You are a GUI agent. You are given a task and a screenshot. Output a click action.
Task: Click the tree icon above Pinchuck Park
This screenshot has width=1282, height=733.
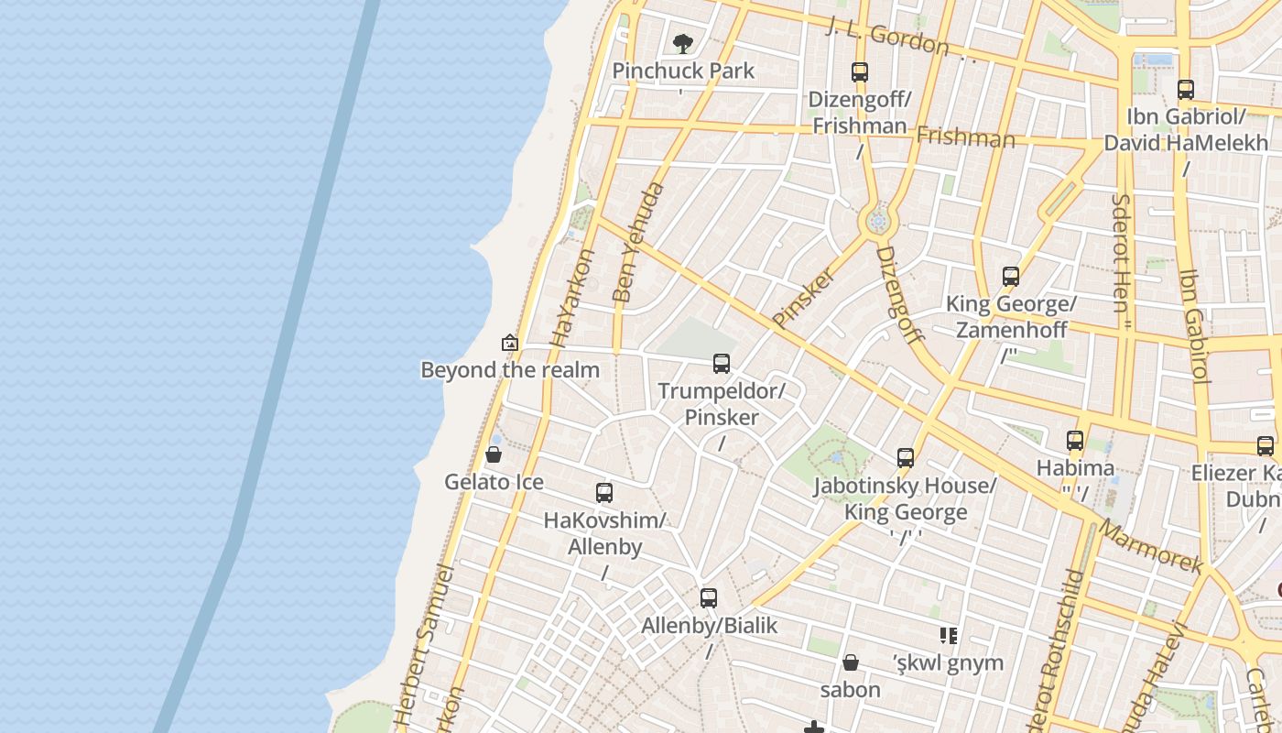[x=682, y=43]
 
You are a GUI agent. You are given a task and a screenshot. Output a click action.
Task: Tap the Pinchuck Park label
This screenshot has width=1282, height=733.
[x=683, y=71]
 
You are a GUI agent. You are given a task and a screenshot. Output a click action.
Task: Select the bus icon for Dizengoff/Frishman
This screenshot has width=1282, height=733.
[x=859, y=71]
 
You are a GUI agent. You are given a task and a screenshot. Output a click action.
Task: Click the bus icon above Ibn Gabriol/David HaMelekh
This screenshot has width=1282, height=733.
[x=1186, y=90]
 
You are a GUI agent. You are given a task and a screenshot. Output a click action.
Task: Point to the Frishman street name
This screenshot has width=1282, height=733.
[x=965, y=137]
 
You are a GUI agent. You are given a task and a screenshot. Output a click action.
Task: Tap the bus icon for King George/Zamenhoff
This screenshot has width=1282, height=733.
[x=1011, y=277]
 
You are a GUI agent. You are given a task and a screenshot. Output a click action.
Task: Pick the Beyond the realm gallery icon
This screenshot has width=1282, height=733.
[x=510, y=344]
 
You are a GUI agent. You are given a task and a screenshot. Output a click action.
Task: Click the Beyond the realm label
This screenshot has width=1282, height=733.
[x=510, y=370]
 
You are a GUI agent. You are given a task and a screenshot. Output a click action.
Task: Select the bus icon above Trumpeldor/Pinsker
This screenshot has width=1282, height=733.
[x=722, y=364]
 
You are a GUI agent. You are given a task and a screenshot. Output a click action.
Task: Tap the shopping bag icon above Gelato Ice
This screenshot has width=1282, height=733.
[x=494, y=454]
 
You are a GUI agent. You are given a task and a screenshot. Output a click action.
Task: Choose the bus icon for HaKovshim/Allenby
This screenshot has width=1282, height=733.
[x=604, y=493]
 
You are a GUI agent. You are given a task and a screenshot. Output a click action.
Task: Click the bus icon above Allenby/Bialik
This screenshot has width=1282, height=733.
[x=709, y=598]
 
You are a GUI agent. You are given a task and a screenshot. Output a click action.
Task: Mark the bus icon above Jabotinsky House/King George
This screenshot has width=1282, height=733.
[x=906, y=458]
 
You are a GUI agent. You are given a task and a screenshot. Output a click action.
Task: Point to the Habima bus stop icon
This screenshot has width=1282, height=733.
[x=1075, y=441]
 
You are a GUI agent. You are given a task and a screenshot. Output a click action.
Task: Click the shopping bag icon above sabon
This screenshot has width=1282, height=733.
[x=851, y=662]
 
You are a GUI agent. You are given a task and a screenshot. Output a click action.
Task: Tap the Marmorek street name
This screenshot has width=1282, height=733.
[x=1150, y=547]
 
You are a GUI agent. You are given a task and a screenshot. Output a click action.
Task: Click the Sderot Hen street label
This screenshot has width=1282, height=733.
[x=1121, y=252]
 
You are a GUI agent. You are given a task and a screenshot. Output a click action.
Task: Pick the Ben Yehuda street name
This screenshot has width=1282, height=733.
[x=638, y=243]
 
